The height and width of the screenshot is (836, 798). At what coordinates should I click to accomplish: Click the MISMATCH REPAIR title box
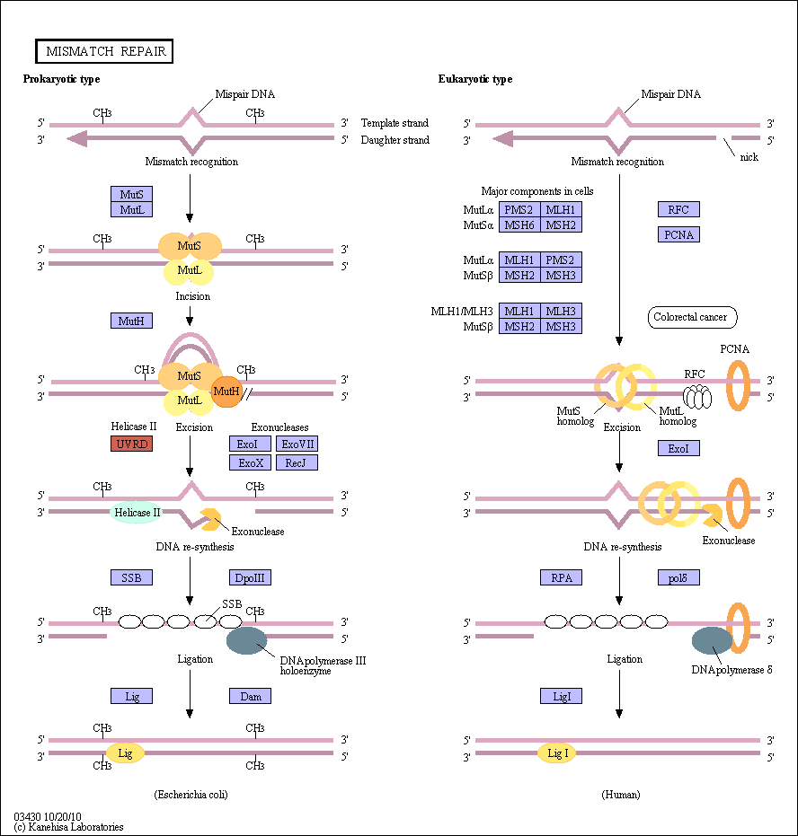(x=104, y=51)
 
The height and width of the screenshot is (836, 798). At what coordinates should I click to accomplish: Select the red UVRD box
(x=132, y=444)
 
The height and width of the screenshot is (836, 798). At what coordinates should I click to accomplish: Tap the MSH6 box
(x=519, y=225)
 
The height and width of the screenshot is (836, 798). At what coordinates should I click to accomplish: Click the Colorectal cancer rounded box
(x=692, y=317)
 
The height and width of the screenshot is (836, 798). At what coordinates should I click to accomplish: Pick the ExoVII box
(x=297, y=444)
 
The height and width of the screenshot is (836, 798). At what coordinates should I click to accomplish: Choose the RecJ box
(x=297, y=462)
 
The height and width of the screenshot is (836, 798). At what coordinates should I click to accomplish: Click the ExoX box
(x=250, y=462)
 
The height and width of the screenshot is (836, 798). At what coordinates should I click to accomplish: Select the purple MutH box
(x=132, y=321)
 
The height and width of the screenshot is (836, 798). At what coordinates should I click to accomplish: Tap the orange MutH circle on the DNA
(x=226, y=392)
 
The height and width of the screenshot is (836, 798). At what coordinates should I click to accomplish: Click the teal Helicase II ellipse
(x=137, y=513)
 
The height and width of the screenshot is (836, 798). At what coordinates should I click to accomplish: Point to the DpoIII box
(x=250, y=577)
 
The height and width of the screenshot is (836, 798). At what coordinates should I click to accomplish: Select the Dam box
(x=250, y=696)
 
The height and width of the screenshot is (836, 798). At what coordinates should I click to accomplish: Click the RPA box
(x=561, y=577)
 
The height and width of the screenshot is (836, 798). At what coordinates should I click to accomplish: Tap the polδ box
(x=678, y=577)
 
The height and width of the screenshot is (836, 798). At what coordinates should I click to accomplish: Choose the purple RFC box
(x=678, y=209)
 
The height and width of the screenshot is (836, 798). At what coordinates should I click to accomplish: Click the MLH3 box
(x=561, y=311)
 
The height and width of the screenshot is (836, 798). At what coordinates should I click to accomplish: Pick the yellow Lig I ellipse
(x=556, y=753)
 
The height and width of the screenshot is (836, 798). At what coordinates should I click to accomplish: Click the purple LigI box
(x=561, y=696)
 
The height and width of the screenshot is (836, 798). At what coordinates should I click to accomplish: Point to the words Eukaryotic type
(x=475, y=79)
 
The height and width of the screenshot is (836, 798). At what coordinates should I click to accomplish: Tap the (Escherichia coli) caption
(x=191, y=795)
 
